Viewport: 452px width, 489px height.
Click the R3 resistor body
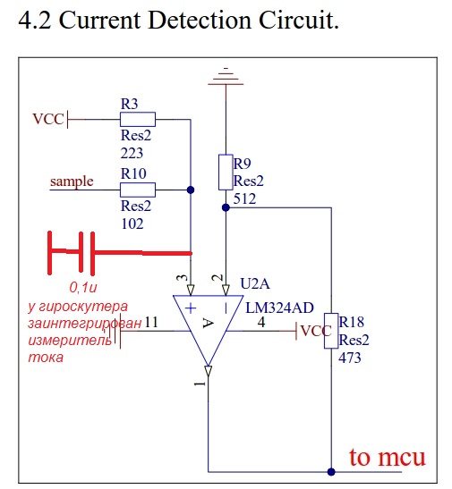pyautogui.click(x=138, y=119)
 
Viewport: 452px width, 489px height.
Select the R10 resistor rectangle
pyautogui.click(x=138, y=190)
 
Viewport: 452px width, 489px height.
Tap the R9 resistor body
pyautogui.click(x=226, y=172)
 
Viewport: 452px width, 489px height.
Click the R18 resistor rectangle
pyautogui.click(x=331, y=331)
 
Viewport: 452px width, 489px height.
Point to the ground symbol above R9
pyautogui.click(x=226, y=76)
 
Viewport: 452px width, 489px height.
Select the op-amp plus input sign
pyautogui.click(x=191, y=308)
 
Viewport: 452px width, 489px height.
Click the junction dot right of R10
pyautogui.click(x=191, y=190)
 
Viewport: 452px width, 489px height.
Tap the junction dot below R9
pyautogui.click(x=226, y=207)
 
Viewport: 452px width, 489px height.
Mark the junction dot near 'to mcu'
pyautogui.click(x=331, y=471)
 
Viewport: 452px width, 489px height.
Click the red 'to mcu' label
pyautogui.click(x=387, y=457)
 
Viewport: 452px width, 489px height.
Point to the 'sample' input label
pyautogui.click(x=72, y=181)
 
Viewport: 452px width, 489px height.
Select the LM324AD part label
pyautogui.click(x=279, y=308)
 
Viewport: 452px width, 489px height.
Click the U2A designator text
pyautogui.click(x=255, y=283)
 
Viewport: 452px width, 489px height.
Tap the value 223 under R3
pyautogui.click(x=132, y=153)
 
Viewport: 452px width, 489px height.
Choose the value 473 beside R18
pyautogui.click(x=350, y=358)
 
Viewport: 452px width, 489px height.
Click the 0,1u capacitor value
pyautogui.click(x=83, y=288)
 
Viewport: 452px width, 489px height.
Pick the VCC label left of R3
pyautogui.click(x=48, y=119)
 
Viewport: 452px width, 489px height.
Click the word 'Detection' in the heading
pyautogui.click(x=200, y=21)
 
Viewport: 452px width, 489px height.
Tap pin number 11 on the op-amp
pyautogui.click(x=151, y=322)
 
